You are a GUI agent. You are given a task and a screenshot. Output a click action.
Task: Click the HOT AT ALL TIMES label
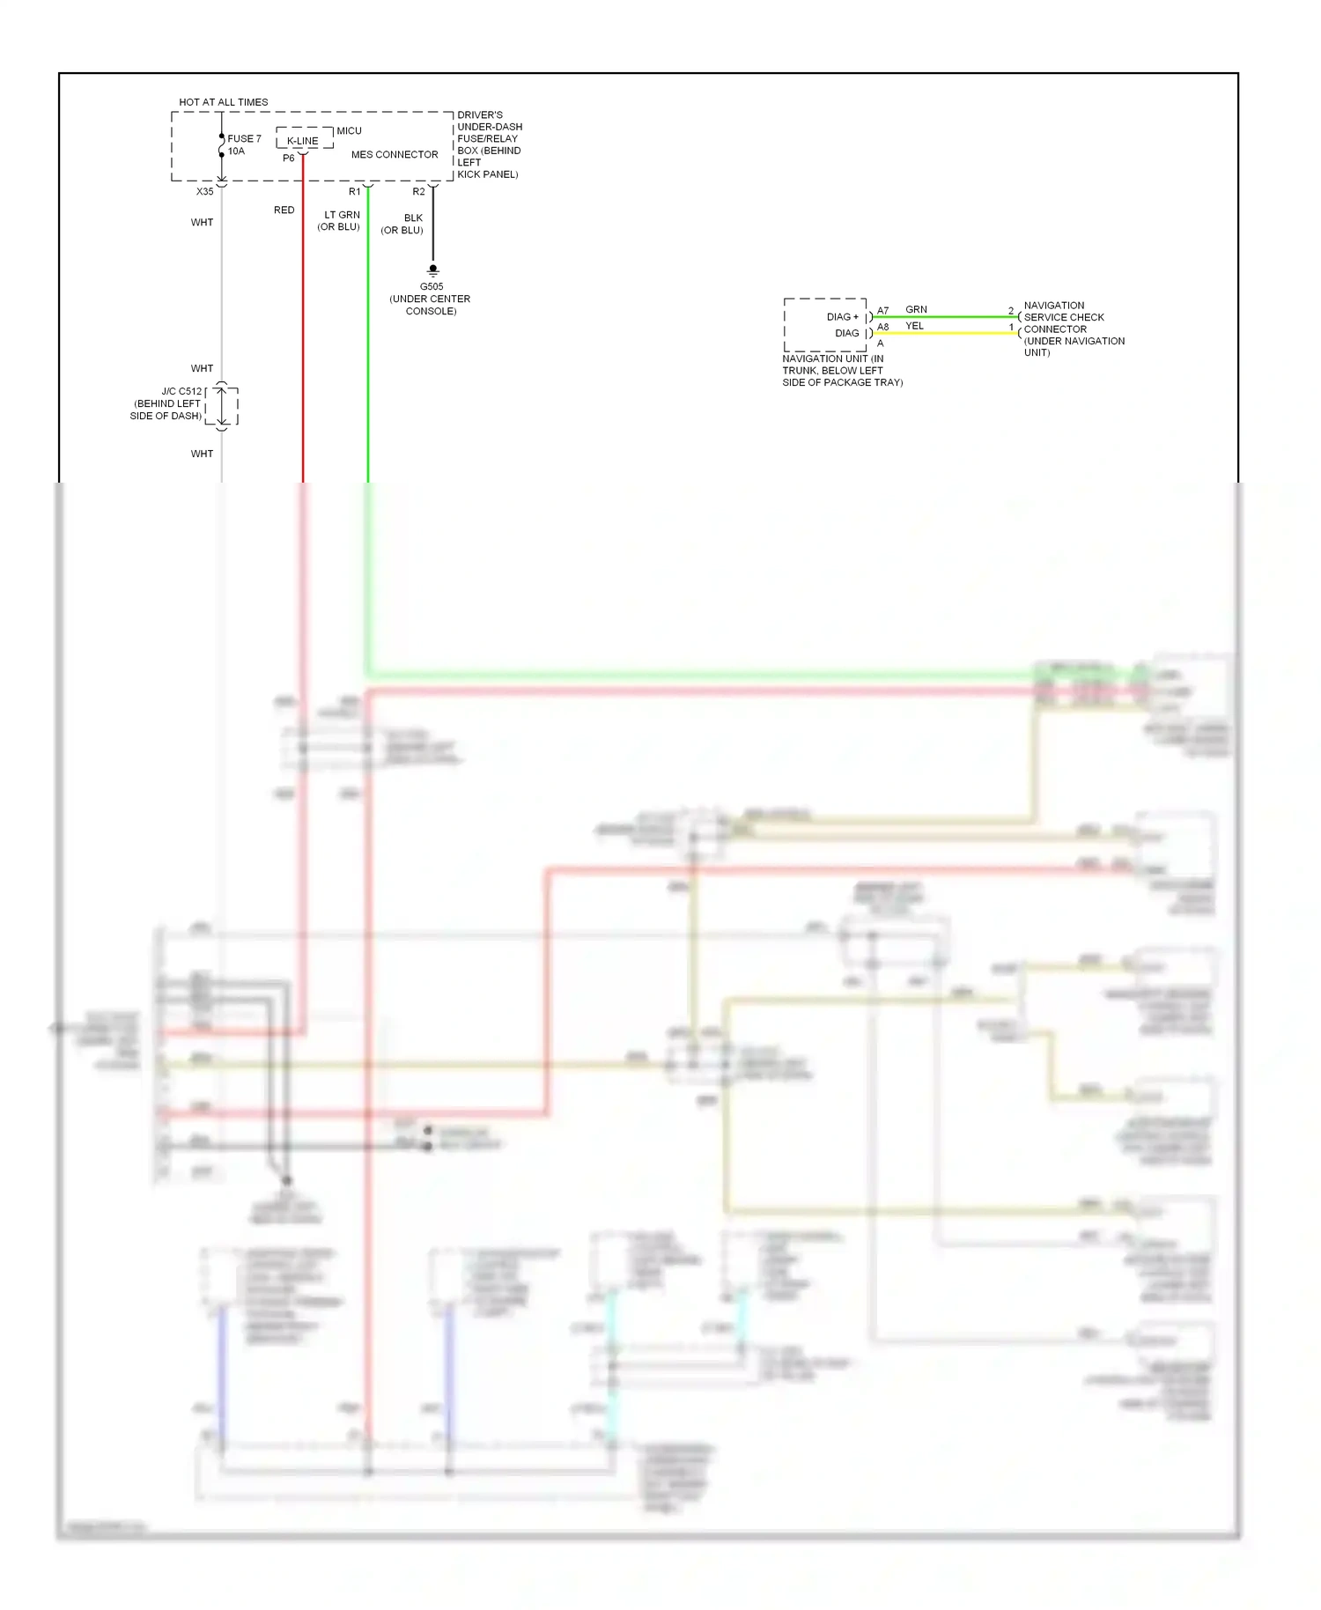pyautogui.click(x=223, y=102)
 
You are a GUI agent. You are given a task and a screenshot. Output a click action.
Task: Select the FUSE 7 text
pyautogui.click(x=244, y=139)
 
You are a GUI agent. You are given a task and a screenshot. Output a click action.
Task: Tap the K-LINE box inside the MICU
pyautogui.click(x=303, y=141)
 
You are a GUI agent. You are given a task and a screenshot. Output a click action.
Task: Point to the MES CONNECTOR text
pyautogui.click(x=395, y=155)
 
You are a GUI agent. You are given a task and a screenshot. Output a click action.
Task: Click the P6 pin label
pyautogui.click(x=289, y=159)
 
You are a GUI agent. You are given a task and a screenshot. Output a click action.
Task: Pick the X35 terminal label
pyautogui.click(x=204, y=192)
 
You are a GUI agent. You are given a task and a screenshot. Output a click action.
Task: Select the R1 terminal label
pyautogui.click(x=354, y=192)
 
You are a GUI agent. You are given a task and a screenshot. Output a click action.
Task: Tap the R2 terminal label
pyautogui.click(x=418, y=192)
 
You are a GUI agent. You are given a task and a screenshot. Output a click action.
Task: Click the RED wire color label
pyautogui.click(x=284, y=210)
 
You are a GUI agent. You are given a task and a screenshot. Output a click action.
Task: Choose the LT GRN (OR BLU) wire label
pyautogui.click(x=340, y=221)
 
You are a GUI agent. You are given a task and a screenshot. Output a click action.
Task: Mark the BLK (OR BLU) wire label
pyautogui.click(x=402, y=225)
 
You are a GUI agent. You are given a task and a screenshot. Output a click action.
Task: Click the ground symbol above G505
pyautogui.click(x=432, y=270)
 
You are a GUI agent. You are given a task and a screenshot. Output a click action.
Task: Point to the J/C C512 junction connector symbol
pyautogui.click(x=222, y=406)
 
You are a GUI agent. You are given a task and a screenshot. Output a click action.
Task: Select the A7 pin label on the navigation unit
pyautogui.click(x=882, y=311)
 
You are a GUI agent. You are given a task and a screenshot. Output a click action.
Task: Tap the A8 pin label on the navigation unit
pyautogui.click(x=882, y=328)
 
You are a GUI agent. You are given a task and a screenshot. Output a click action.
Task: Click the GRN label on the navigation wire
pyautogui.click(x=916, y=310)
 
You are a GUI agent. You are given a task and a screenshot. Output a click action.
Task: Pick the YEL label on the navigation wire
pyautogui.click(x=915, y=326)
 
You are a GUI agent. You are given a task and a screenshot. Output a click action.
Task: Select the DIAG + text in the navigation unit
pyautogui.click(x=842, y=317)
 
